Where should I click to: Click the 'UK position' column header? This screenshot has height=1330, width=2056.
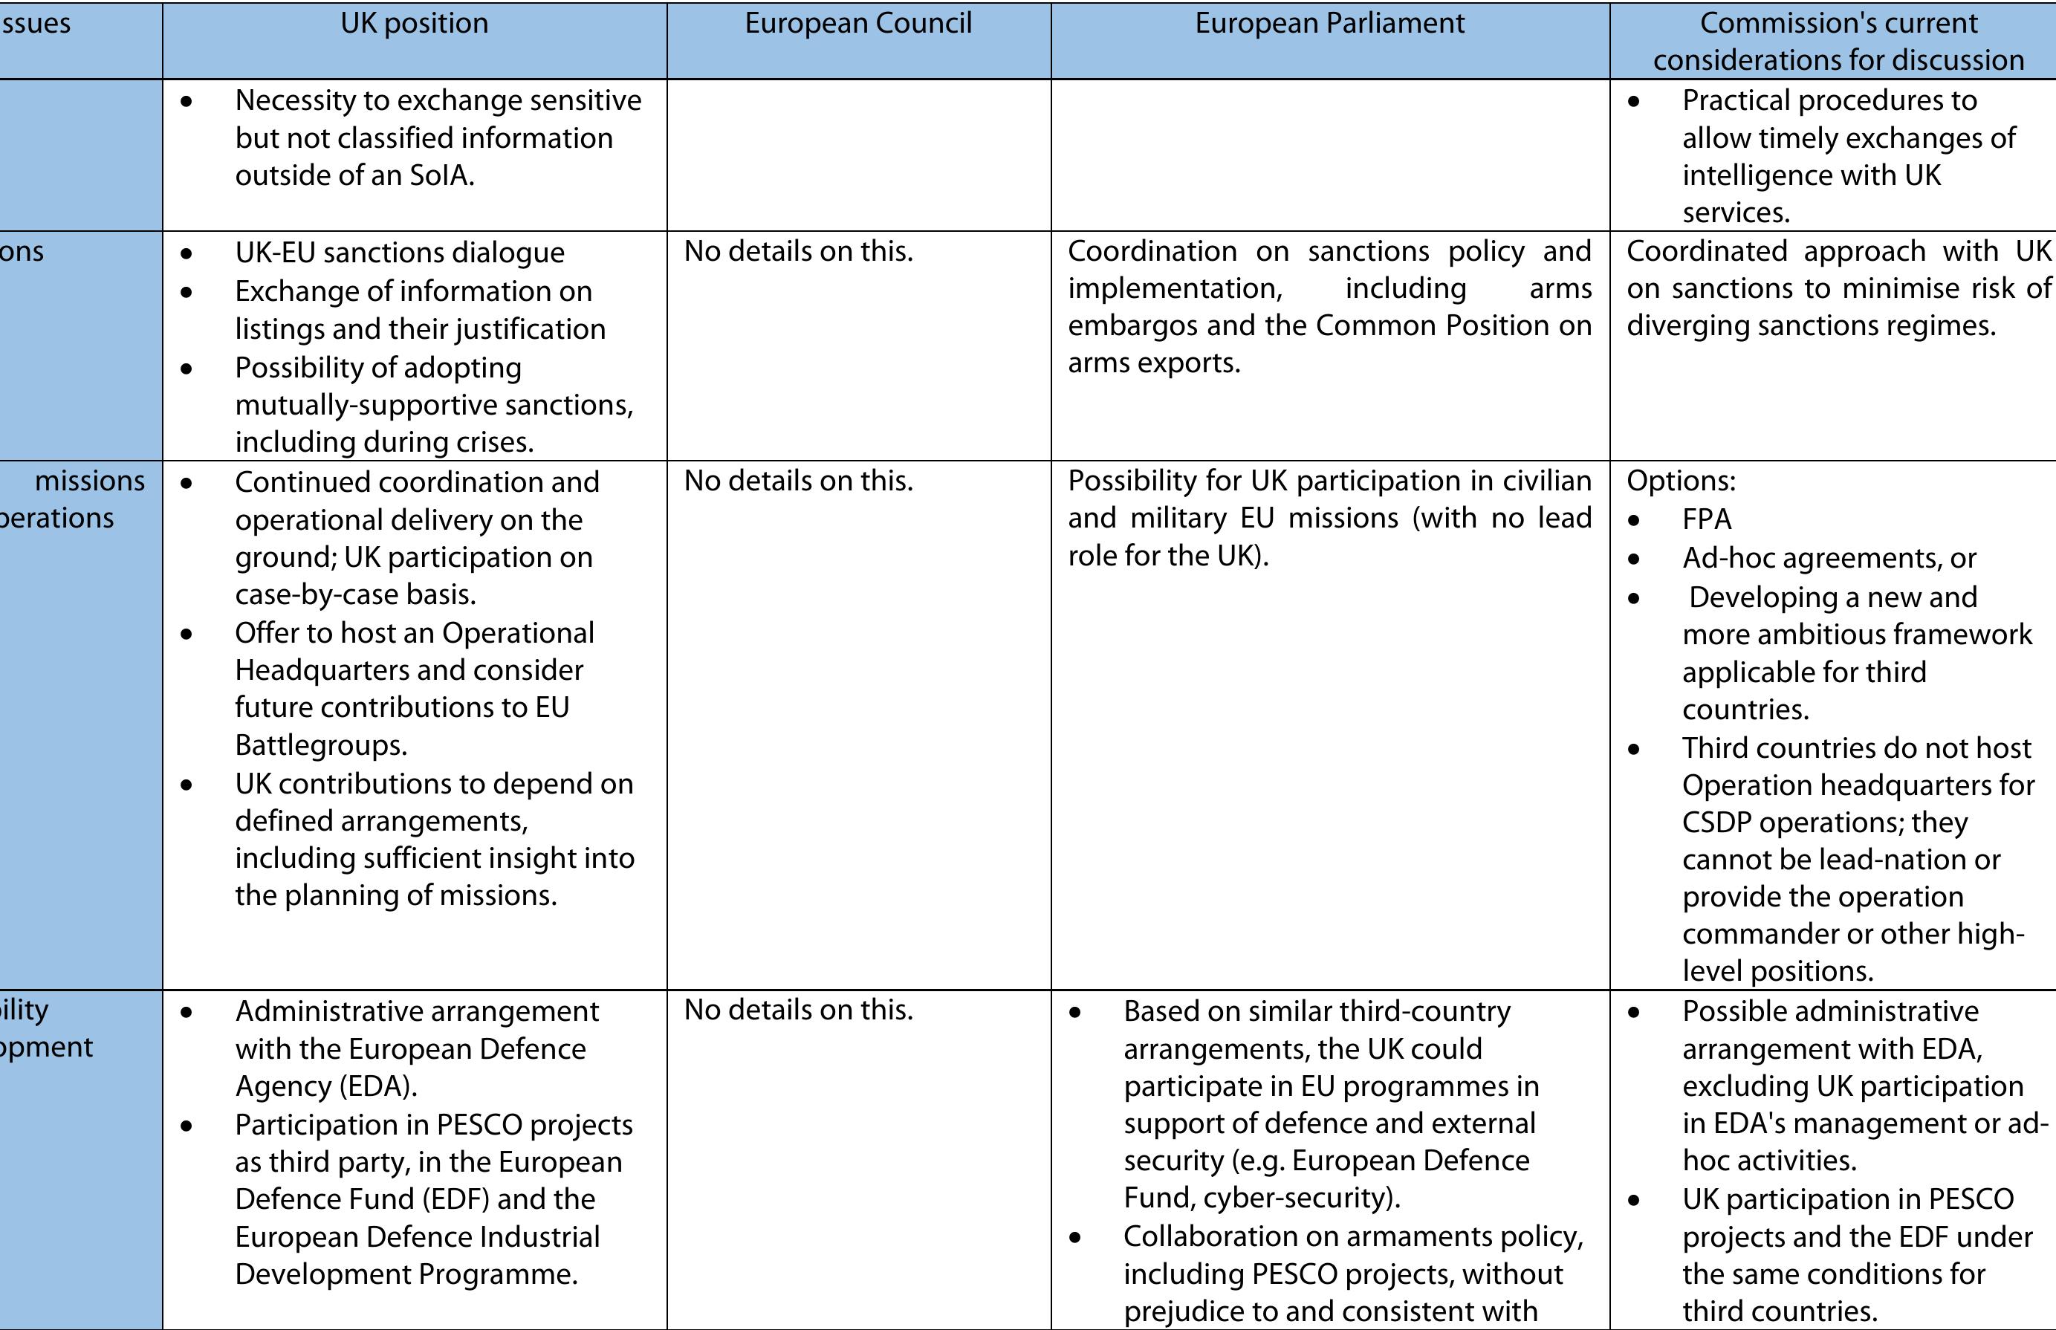414,23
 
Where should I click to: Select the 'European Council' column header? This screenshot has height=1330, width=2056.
858,23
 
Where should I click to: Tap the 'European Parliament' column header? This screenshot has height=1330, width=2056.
1330,23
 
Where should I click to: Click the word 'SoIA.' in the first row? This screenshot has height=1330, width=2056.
442,175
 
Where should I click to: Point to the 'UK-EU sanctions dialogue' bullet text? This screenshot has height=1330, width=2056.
400,252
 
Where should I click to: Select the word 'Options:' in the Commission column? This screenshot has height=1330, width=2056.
1680,481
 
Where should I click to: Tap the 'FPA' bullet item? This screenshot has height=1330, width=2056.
1706,519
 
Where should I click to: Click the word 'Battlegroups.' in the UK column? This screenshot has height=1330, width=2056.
321,745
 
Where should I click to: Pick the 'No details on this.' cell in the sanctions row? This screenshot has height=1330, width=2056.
799,251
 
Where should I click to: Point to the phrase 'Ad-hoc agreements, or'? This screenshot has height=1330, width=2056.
1829,558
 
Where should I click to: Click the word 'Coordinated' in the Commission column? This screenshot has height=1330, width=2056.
1706,251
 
